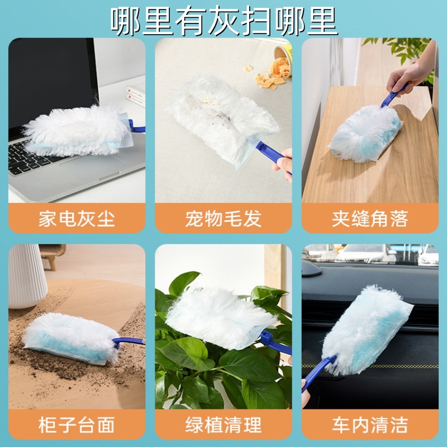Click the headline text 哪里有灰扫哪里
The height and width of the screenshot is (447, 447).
(x=223, y=21)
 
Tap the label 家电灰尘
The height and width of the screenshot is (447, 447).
(x=77, y=218)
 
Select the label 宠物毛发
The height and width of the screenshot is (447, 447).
(x=223, y=218)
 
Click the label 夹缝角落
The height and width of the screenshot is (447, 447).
(x=369, y=218)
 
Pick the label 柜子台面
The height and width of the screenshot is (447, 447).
(x=77, y=425)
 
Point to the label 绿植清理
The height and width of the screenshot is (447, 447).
(x=223, y=425)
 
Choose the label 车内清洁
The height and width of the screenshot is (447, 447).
(x=369, y=425)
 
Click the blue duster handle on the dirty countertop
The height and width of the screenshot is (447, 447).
(x=127, y=341)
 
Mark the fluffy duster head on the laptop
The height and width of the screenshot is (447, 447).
(x=75, y=132)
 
